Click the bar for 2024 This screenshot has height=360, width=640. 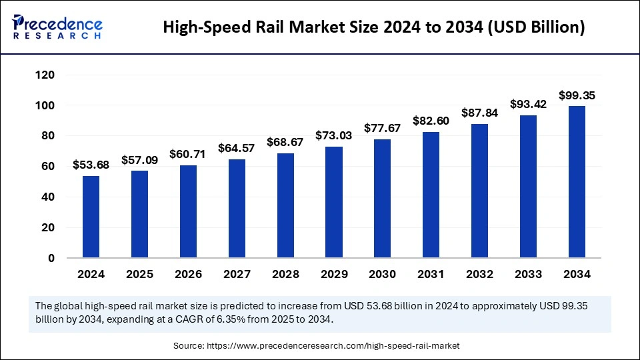click(91, 217)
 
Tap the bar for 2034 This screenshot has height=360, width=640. click(577, 181)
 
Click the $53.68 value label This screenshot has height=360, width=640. click(91, 165)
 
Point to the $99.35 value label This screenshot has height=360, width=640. click(577, 95)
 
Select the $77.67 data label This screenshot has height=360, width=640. click(382, 128)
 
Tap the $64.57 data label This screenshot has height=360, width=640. click(237, 148)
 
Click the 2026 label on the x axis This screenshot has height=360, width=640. click(188, 274)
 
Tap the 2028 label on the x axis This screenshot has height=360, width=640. click(285, 274)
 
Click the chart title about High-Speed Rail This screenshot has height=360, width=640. click(374, 27)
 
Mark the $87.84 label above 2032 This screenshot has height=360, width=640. click(479, 112)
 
